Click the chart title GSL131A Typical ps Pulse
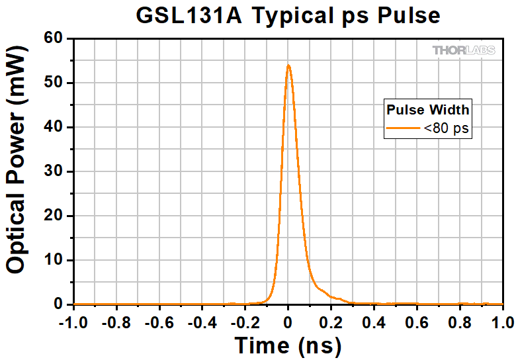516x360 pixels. (288, 15)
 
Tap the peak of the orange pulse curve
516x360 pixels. (288, 66)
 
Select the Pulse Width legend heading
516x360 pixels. (428, 110)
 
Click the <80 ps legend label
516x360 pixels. (447, 128)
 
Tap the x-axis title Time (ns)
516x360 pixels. (288, 345)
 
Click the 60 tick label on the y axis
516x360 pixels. (54, 39)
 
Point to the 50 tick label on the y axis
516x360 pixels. (54, 83)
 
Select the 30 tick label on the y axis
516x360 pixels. (54, 172)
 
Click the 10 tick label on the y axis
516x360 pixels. (54, 260)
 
